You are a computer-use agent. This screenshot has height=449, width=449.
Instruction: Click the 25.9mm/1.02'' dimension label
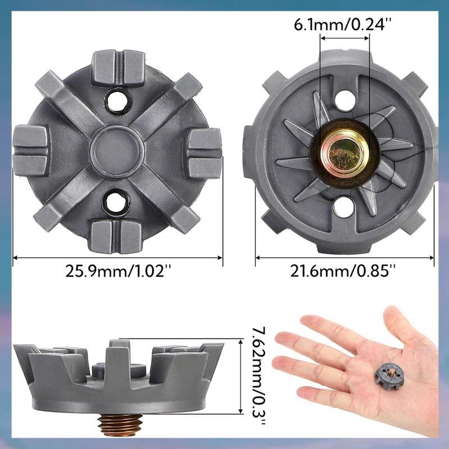coord(118,271)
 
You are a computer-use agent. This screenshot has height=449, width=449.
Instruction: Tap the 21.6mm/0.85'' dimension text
coord(343,271)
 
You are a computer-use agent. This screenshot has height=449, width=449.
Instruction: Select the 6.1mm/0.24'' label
coord(343,25)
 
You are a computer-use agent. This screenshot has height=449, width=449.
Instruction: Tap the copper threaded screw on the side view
coord(120,425)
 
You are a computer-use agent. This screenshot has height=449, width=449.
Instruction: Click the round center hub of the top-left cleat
coord(118,151)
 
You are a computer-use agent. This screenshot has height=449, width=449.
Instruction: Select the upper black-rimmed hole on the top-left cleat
coord(117,100)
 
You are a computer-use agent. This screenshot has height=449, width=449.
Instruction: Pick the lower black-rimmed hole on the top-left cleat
coord(116,203)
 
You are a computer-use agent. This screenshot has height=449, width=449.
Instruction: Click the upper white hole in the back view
coord(345,101)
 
